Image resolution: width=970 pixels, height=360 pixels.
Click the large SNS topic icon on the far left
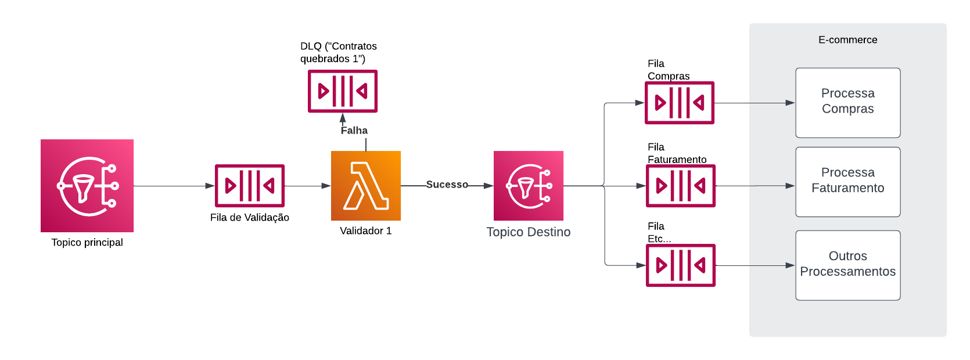tap(87, 186)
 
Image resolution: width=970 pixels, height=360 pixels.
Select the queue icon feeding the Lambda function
tap(250, 186)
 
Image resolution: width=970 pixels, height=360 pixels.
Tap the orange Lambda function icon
tap(366, 186)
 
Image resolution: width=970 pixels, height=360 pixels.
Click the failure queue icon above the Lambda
tap(343, 91)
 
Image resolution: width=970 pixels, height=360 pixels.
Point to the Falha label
tap(354, 131)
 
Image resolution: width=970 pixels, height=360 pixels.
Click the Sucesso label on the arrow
tap(447, 185)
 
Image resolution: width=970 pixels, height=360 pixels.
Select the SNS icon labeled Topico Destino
tap(529, 186)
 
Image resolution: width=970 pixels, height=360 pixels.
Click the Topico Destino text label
tap(528, 232)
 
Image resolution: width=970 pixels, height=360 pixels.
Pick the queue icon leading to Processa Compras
tap(680, 103)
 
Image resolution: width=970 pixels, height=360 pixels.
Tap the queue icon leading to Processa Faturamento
tap(681, 186)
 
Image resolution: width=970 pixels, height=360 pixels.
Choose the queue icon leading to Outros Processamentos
tap(681, 265)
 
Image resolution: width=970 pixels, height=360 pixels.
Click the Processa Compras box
tap(847, 103)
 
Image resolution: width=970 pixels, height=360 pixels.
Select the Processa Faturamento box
tap(847, 182)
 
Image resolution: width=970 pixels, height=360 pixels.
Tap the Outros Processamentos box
tap(847, 265)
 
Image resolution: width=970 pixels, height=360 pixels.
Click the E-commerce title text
tap(847, 40)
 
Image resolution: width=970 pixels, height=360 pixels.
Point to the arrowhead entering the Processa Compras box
tap(791, 103)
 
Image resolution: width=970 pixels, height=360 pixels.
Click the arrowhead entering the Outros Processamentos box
tap(791, 265)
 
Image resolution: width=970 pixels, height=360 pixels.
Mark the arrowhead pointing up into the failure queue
tap(343, 118)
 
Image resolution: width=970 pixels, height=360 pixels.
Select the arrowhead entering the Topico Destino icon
tap(488, 186)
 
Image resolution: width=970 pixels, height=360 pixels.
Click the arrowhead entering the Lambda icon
tap(326, 186)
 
